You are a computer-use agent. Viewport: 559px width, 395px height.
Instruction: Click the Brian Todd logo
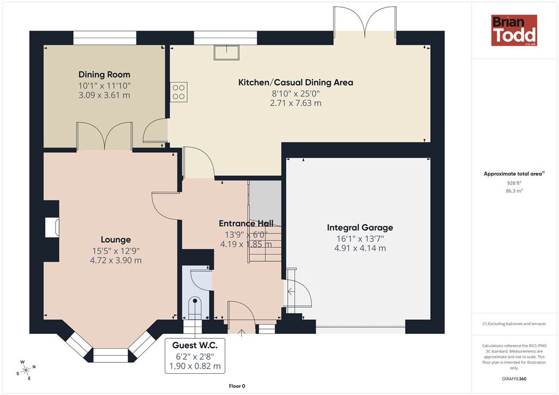[x=514, y=30]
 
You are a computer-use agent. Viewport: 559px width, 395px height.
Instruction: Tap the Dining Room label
[x=104, y=74]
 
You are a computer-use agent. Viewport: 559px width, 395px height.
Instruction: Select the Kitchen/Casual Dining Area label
[x=295, y=82]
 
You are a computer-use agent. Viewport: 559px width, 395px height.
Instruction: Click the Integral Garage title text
[x=360, y=228]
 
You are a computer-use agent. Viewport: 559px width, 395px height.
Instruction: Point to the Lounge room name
[x=116, y=240]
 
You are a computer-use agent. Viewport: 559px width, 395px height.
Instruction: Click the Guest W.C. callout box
[x=195, y=356]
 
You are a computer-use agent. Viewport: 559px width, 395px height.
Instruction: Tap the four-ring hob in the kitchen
[x=179, y=92]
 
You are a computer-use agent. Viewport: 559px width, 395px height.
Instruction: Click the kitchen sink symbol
[x=227, y=52]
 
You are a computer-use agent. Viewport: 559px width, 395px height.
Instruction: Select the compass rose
[x=26, y=370]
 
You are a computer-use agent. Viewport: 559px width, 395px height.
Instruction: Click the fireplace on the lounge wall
[x=52, y=228]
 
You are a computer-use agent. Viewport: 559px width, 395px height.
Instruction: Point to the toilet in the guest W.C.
[x=195, y=307]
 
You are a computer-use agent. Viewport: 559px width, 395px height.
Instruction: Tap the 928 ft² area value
[x=514, y=183]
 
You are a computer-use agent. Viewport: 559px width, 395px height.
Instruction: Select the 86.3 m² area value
[x=514, y=191]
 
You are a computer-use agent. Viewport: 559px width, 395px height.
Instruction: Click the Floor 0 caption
[x=237, y=386]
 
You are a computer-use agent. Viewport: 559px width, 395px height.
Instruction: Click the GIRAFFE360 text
[x=514, y=379]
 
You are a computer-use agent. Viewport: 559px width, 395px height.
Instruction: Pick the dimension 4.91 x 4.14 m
[x=360, y=248]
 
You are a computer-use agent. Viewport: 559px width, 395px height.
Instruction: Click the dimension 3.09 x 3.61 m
[x=104, y=95]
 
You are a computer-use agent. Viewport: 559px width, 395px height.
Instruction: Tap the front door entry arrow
[x=242, y=333]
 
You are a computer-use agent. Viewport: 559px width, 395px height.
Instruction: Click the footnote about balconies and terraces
[x=514, y=324]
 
